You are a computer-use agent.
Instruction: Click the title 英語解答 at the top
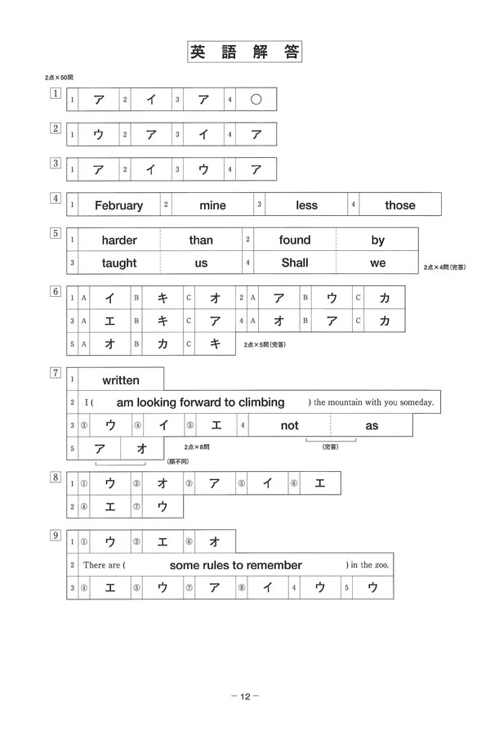(x=245, y=53)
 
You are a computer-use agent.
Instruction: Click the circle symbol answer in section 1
(x=256, y=100)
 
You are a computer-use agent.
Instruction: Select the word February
(x=118, y=205)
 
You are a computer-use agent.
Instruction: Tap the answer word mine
(x=212, y=205)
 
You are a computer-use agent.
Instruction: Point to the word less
(x=306, y=205)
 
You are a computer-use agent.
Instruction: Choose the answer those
(x=400, y=205)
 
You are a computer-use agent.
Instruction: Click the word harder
(x=119, y=240)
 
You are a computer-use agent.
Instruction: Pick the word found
(x=295, y=240)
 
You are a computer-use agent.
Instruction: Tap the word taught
(x=119, y=263)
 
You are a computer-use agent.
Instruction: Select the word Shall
(x=295, y=263)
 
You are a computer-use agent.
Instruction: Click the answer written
(x=121, y=380)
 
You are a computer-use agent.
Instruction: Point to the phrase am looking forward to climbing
(x=201, y=402)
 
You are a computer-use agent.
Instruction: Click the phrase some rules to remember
(x=236, y=565)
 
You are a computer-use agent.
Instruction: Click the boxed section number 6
(x=56, y=292)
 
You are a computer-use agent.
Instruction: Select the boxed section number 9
(x=56, y=536)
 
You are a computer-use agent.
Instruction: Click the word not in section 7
(x=290, y=425)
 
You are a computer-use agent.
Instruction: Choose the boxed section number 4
(x=56, y=198)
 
